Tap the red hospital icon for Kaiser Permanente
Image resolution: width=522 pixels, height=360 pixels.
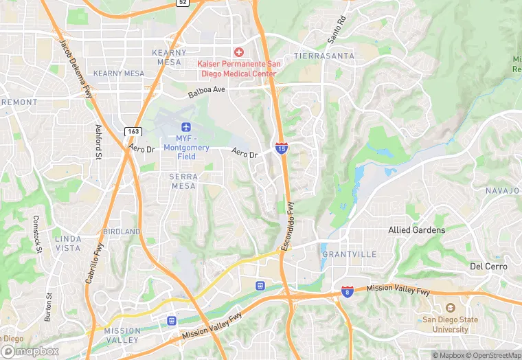click(239, 52)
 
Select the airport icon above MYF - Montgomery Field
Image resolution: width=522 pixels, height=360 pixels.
click(185, 127)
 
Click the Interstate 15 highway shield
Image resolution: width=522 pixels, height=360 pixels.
click(282, 148)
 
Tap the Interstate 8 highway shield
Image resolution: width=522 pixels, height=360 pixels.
click(348, 292)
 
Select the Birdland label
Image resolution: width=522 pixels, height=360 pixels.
click(122, 232)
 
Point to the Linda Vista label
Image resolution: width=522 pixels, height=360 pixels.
click(67, 243)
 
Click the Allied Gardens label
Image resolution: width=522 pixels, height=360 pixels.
click(416, 230)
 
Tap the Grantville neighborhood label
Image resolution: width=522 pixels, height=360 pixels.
click(349, 254)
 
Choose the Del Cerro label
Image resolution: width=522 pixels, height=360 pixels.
click(488, 266)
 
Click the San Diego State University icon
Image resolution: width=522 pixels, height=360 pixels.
click(450, 308)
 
